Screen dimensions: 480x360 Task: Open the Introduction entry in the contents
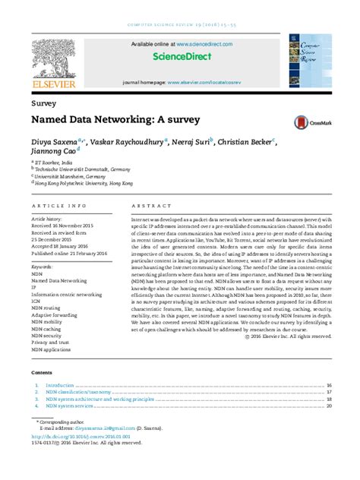point(59,386)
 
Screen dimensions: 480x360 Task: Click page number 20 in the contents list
point(329,406)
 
